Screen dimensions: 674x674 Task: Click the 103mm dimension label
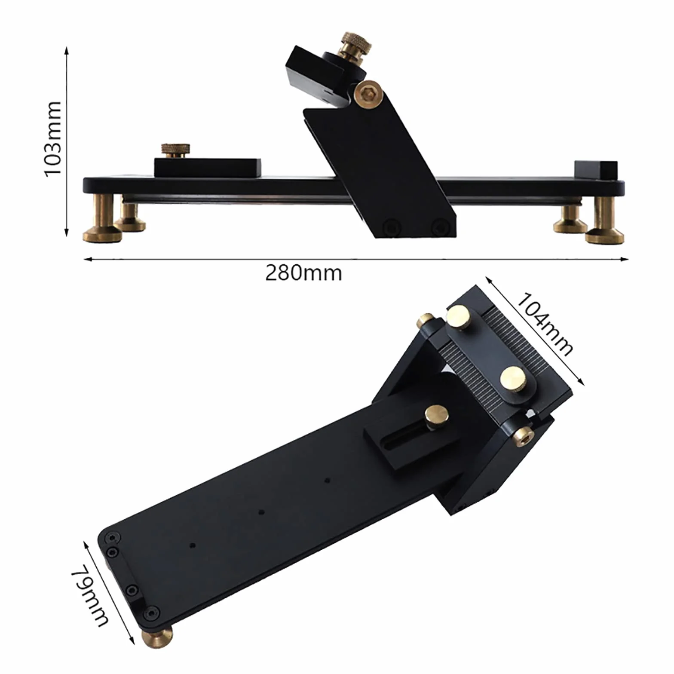click(53, 139)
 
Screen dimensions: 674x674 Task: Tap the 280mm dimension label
click(303, 273)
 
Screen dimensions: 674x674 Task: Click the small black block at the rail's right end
click(596, 171)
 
